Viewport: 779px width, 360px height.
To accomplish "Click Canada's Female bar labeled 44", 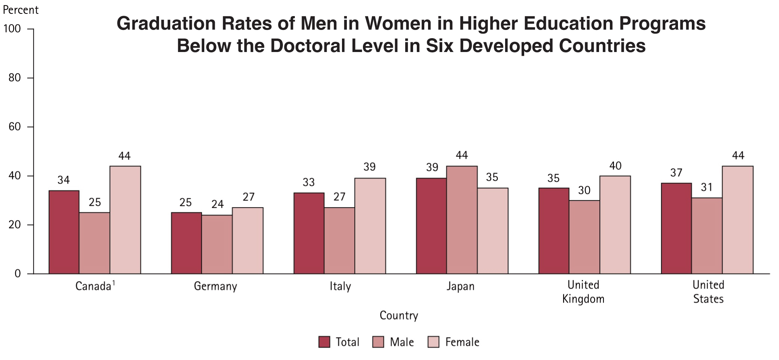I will (125, 220).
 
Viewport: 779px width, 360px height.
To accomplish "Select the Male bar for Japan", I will (462, 220).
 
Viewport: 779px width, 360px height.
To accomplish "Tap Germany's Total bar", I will (186, 243).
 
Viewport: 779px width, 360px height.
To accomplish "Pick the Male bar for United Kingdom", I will (584, 237).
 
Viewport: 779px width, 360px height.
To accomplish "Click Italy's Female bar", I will (370, 226).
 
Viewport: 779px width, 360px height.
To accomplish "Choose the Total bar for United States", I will (676, 228).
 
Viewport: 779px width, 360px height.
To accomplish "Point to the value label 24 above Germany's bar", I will (217, 204).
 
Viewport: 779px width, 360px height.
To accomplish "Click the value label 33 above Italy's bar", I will (309, 182).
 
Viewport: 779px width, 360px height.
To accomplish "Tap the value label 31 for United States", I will (707, 187).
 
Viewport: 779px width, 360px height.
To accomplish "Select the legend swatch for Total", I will (324, 342).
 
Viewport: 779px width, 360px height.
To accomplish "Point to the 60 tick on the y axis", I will (15, 127).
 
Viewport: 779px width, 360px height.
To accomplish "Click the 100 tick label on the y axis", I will (12, 29).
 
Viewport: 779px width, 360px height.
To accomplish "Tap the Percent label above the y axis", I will (21, 10).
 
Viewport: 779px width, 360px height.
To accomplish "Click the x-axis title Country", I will (398, 315).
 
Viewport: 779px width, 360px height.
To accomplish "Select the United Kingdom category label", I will (583, 292).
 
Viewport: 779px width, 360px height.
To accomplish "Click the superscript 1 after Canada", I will (114, 283).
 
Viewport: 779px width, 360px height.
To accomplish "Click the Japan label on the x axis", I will (460, 287).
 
